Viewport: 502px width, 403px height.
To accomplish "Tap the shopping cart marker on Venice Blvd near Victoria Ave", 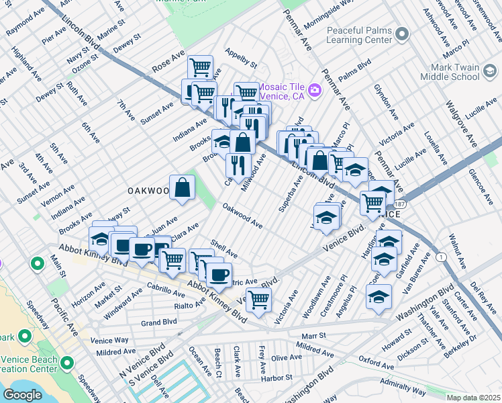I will pyautogui.click(x=258, y=300).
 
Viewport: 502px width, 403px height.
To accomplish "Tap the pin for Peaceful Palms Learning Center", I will pyautogui.click(x=401, y=33).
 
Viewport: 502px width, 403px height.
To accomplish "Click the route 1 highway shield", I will pyautogui.click(x=441, y=257).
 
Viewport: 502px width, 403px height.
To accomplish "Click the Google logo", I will pyautogui.click(x=23, y=395).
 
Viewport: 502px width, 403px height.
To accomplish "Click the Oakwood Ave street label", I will pyautogui.click(x=242, y=216).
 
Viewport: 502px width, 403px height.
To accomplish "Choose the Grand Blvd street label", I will pyautogui.click(x=159, y=323).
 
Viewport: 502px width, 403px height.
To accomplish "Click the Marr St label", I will pyautogui.click(x=313, y=335).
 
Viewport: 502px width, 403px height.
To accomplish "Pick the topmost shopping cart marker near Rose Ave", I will pyautogui.click(x=200, y=67).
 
